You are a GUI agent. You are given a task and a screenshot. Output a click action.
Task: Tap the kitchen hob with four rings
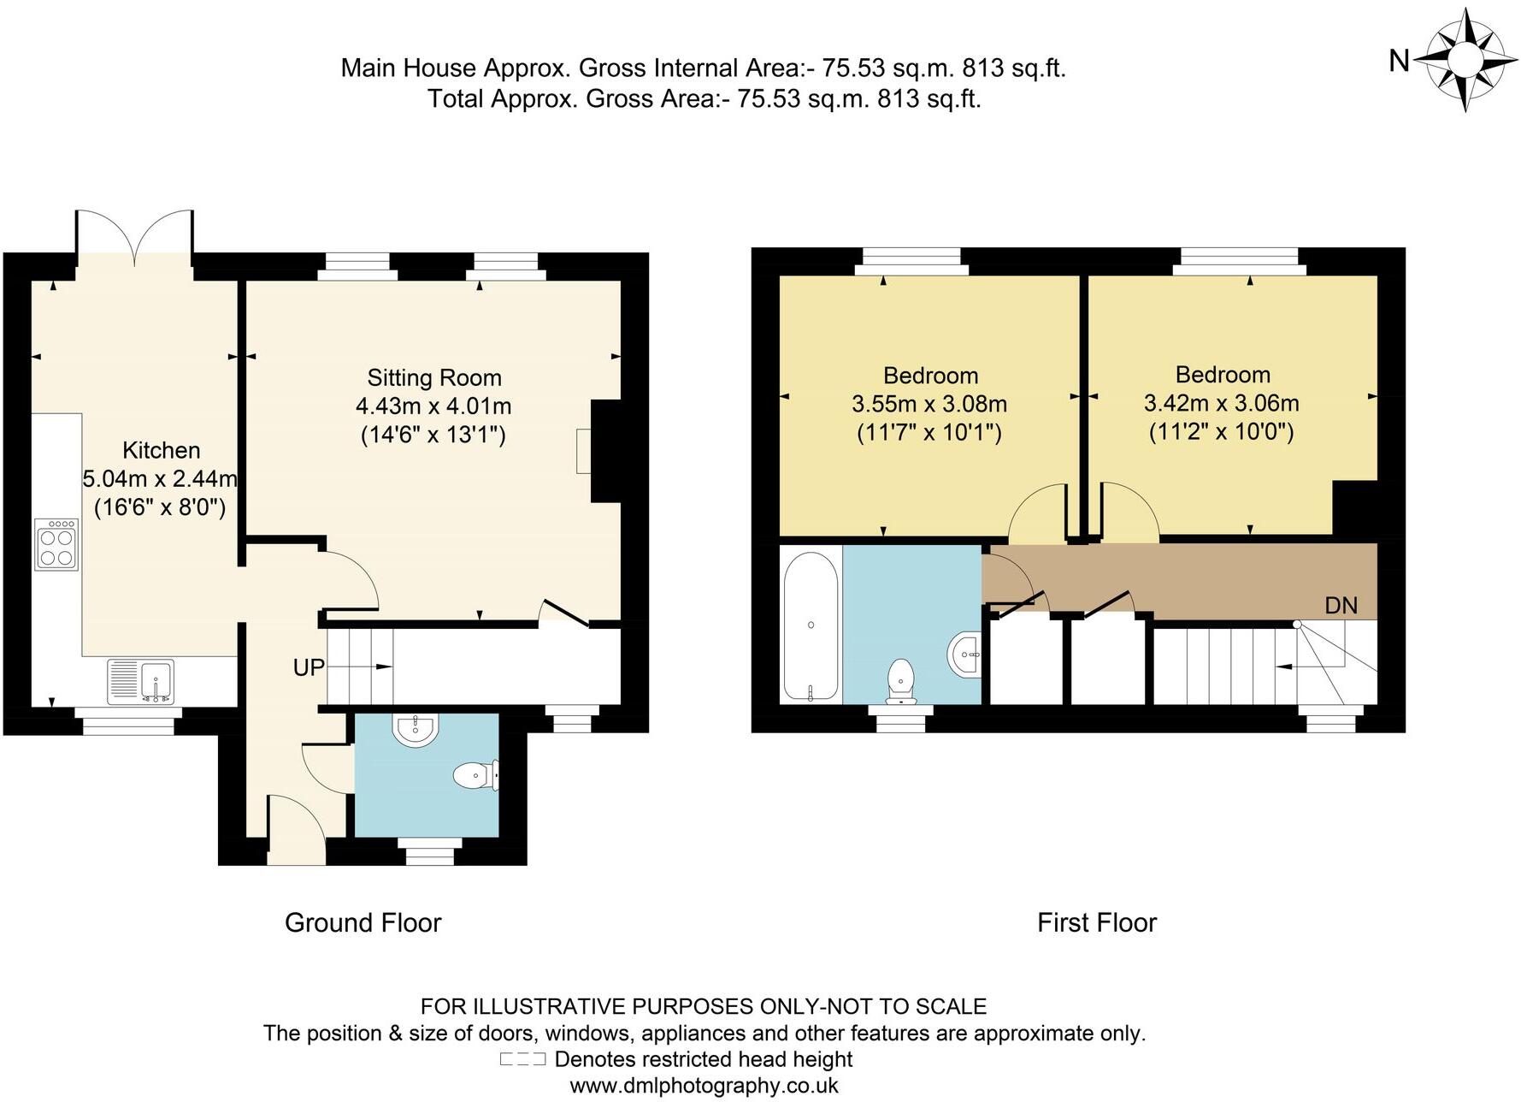click(56, 544)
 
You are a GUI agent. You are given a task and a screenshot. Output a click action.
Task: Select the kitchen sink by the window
click(141, 681)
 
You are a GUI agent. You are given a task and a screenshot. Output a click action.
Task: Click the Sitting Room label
click(434, 377)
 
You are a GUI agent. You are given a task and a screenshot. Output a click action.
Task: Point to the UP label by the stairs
click(309, 667)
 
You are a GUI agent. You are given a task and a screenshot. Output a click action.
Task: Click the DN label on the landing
click(1341, 606)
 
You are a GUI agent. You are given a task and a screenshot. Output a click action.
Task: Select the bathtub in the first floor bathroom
click(811, 625)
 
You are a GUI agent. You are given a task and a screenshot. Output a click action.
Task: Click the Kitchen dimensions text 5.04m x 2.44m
click(160, 479)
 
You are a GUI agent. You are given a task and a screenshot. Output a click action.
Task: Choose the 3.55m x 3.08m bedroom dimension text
click(929, 404)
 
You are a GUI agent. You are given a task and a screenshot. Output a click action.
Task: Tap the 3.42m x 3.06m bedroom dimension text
click(1222, 403)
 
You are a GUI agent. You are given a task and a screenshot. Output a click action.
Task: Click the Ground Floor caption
click(363, 922)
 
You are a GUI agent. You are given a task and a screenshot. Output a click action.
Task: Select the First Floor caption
click(1097, 922)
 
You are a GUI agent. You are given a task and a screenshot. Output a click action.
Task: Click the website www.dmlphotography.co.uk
click(704, 1086)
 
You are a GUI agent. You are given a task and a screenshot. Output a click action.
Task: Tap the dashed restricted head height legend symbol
click(522, 1059)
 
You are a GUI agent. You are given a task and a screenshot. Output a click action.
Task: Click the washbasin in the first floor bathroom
click(966, 655)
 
